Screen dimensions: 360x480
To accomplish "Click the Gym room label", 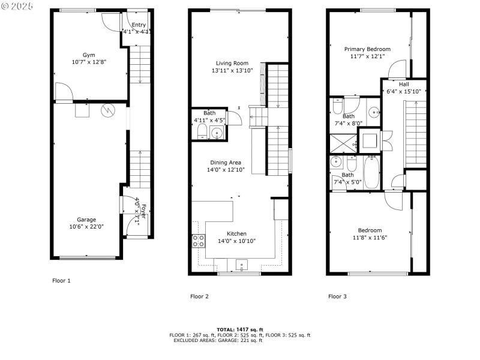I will pyautogui.click(x=89, y=54).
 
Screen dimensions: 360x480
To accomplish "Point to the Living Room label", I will pyautogui.click(x=232, y=63).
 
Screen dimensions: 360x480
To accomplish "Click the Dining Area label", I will pyautogui.click(x=226, y=162).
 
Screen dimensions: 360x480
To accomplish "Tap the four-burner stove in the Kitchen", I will pyautogui.click(x=198, y=241).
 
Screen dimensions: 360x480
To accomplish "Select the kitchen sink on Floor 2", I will pyautogui.click(x=242, y=263).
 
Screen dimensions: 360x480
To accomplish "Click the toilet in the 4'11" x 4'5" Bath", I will pyautogui.click(x=202, y=133).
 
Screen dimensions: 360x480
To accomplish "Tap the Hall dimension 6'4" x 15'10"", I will pyautogui.click(x=404, y=91).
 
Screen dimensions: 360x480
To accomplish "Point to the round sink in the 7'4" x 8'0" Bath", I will pyautogui.click(x=373, y=111).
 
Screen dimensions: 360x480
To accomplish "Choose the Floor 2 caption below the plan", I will pyautogui.click(x=199, y=296).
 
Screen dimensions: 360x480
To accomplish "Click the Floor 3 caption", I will pyautogui.click(x=337, y=296).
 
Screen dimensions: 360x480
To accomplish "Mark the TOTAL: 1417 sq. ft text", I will pyautogui.click(x=239, y=329).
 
